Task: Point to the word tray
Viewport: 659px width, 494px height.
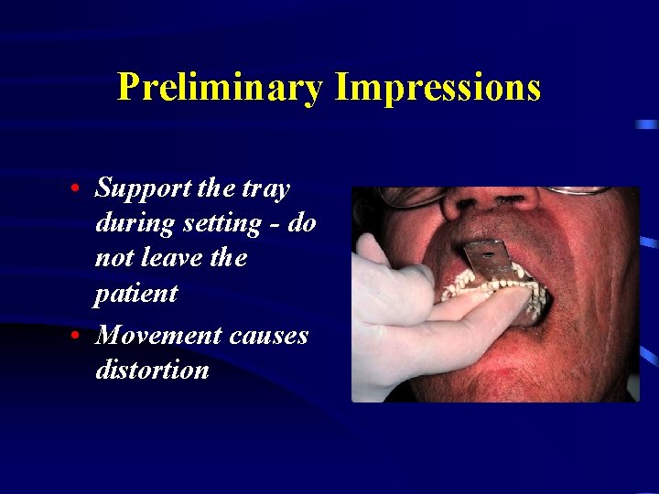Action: click(266, 189)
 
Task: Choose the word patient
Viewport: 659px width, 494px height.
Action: click(135, 295)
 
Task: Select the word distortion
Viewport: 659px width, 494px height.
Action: click(152, 370)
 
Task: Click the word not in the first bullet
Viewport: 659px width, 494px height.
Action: click(113, 259)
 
